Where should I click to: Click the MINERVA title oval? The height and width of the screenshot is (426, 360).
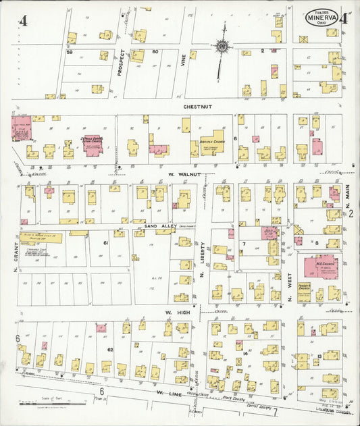pos(322,18)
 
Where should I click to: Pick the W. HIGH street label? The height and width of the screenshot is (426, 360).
pos(178,313)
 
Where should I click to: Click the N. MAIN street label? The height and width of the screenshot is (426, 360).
pos(349,196)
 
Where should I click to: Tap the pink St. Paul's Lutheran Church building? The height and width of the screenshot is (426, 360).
pos(93,145)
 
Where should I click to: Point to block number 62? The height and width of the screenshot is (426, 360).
pos(109,350)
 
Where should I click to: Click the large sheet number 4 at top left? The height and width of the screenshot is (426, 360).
pos(23,20)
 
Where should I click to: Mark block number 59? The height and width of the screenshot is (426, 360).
pos(69,52)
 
